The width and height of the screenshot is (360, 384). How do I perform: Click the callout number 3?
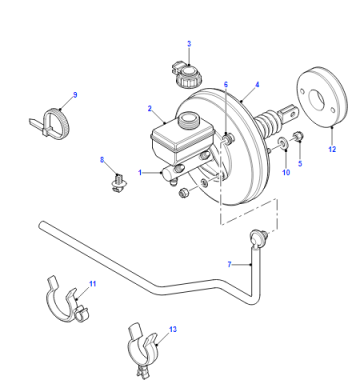[189, 44]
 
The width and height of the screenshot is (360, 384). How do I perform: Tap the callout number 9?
[75, 95]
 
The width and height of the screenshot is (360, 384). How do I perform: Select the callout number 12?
[332, 149]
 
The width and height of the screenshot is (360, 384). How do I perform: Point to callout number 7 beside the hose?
[229, 264]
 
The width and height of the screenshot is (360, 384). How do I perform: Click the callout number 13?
[173, 329]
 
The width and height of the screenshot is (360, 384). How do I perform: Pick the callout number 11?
[93, 284]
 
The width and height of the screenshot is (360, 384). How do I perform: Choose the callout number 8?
[102, 160]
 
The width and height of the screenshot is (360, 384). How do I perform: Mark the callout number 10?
[286, 172]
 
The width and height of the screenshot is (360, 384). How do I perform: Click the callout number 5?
[300, 164]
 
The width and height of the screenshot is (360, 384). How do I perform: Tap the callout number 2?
[150, 109]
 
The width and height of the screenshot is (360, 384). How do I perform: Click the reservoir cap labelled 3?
[184, 75]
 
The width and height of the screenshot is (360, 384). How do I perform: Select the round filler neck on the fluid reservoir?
[188, 119]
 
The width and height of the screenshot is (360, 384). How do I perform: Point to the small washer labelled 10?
[283, 144]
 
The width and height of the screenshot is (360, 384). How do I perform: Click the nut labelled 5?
[298, 137]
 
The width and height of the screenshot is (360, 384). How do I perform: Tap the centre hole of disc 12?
[316, 98]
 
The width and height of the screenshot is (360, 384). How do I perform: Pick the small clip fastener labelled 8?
[118, 183]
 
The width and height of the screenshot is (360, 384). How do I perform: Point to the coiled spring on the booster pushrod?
[269, 124]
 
